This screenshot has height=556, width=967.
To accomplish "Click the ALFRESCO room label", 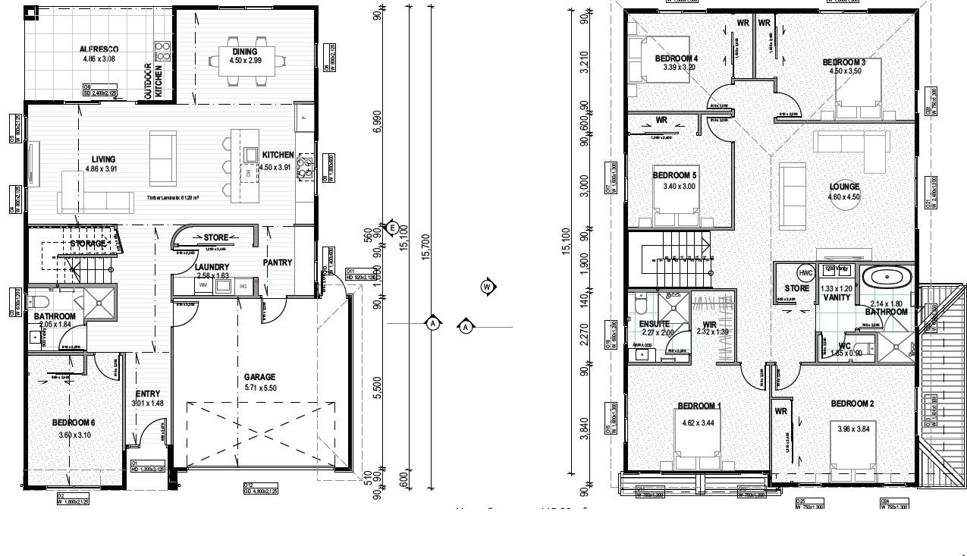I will (99, 49).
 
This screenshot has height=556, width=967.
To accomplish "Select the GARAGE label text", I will (259, 377).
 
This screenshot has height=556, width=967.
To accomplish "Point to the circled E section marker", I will (392, 227).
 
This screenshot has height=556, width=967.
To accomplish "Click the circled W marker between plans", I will (488, 286).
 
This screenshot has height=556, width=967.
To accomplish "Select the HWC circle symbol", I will (805, 273).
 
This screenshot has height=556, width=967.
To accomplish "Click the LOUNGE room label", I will (844, 187).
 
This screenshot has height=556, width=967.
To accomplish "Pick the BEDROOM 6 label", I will (74, 422).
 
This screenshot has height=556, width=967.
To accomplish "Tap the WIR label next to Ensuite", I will (700, 324).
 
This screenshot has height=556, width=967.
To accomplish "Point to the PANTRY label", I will (278, 262).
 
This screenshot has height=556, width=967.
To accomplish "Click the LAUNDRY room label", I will (212, 267).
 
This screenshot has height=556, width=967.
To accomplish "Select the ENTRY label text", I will (148, 394).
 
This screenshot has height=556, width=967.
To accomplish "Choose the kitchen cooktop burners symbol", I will (306, 167).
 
